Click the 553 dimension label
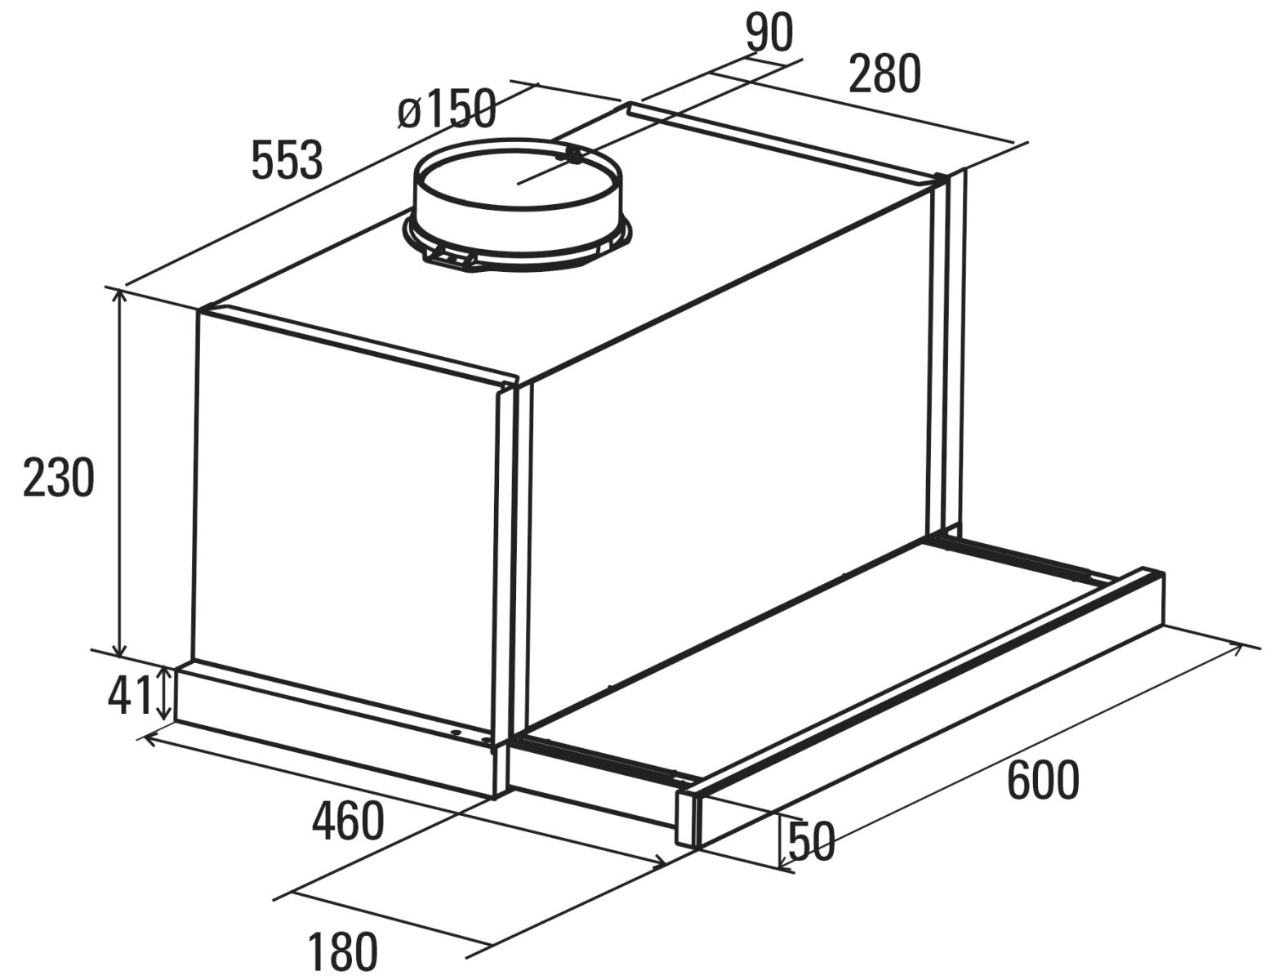click(x=287, y=159)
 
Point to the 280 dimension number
click(x=884, y=73)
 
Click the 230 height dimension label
click(x=58, y=477)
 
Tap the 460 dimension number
click(x=348, y=821)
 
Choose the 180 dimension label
click(x=342, y=951)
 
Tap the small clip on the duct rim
click(x=573, y=155)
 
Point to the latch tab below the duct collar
click(x=454, y=258)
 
